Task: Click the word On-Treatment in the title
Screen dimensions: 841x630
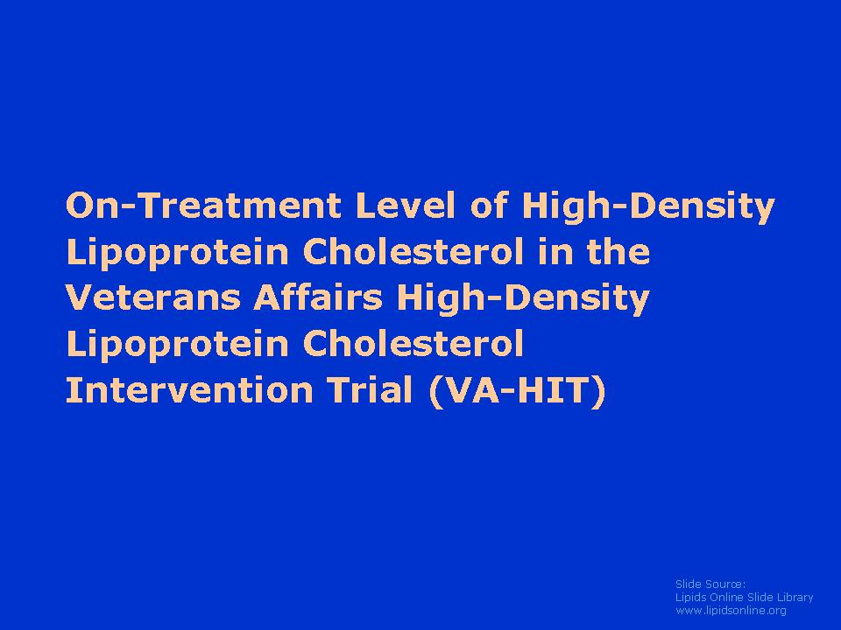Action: pyautogui.click(x=203, y=205)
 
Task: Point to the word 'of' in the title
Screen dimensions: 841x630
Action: pyautogui.click(x=488, y=205)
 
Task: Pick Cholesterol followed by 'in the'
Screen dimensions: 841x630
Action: pyautogui.click(x=413, y=251)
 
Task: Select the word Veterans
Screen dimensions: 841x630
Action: pyautogui.click(x=152, y=297)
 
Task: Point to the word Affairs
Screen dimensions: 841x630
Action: pyautogui.click(x=318, y=297)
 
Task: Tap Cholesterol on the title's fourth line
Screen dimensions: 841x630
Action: pyautogui.click(x=413, y=343)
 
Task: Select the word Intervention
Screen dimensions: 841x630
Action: pyautogui.click(x=189, y=389)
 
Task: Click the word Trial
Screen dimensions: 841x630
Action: pyautogui.click(x=371, y=389)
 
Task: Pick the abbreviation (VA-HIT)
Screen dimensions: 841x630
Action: pyautogui.click(x=518, y=391)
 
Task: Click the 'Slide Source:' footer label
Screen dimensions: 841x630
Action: pyautogui.click(x=710, y=584)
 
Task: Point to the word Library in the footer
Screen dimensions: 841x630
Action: pyautogui.click(x=795, y=598)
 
